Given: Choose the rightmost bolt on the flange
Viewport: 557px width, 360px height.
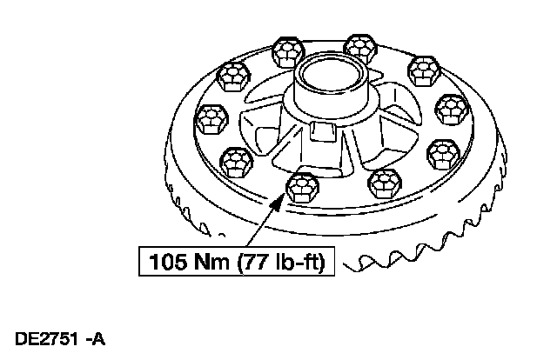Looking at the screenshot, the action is (x=453, y=109).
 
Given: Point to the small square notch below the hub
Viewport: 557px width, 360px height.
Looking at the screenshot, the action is (x=322, y=131).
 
